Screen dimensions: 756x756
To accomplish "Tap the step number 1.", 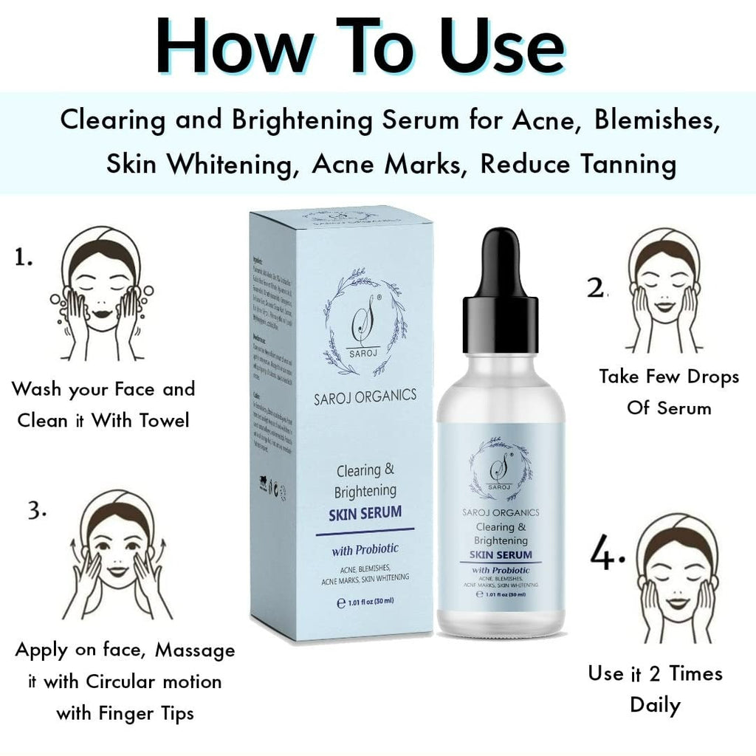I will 24,258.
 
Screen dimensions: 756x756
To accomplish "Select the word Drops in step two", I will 708,377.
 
